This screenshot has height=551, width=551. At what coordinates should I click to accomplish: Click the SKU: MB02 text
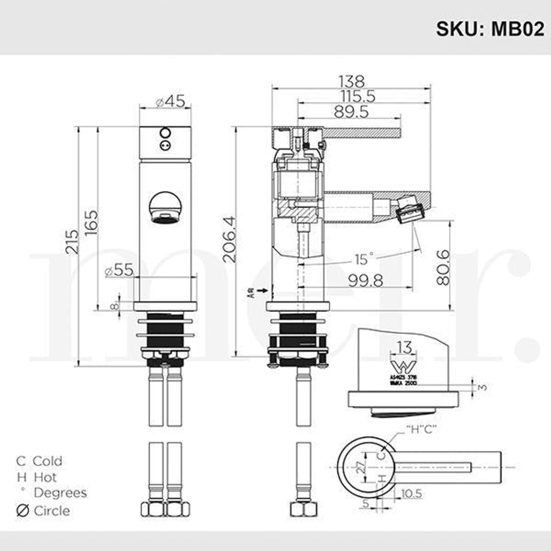pos(489,29)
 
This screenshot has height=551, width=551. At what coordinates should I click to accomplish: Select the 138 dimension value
pos(352,81)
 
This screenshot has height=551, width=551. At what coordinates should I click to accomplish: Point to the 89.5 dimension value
pos(351,111)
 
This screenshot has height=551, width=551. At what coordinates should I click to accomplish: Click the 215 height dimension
pos(72,242)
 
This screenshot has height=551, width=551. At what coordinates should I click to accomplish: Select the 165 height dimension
pos(91,222)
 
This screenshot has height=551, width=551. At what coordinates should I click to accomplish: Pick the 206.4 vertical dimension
pos(229,239)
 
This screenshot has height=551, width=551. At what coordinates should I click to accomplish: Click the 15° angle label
pos(364,259)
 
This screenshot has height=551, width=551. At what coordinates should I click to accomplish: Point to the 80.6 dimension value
pos(443,267)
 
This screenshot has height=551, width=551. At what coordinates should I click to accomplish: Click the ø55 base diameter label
pos(118,271)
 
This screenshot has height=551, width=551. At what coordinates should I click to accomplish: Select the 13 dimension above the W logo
pos(404,348)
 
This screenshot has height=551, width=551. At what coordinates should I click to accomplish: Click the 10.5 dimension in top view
pos(411,493)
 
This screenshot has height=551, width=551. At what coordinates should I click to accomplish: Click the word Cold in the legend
pos(47,461)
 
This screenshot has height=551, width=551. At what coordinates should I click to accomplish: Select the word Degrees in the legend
pos(60,493)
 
